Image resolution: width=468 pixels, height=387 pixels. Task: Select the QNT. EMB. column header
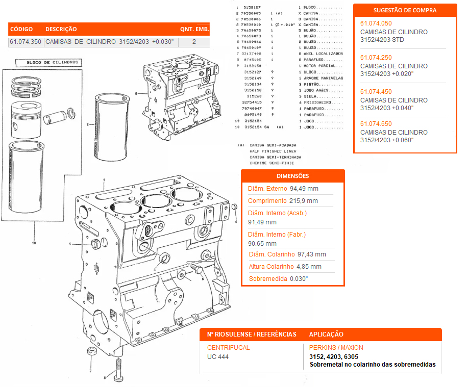tap(194, 30)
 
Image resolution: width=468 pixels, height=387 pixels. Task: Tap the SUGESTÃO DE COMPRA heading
tap(405, 10)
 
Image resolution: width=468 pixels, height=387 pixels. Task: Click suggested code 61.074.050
tap(376, 23)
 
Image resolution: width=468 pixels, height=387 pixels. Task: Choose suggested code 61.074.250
tap(376, 58)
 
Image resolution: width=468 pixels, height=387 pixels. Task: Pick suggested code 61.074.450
tap(376, 92)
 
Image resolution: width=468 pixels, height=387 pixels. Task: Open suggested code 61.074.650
tap(376, 124)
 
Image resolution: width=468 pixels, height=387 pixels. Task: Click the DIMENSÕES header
tap(292, 176)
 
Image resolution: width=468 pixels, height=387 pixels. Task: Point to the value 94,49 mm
tap(304, 189)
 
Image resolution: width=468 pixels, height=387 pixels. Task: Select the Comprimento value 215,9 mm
tap(304, 201)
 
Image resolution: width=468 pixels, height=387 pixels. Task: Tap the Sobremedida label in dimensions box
tap(268, 279)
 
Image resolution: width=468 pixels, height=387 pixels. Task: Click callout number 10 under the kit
tap(34, 243)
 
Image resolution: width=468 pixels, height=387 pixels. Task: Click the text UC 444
tap(218, 357)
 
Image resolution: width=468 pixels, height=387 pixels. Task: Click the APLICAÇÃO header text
tap(326, 334)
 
